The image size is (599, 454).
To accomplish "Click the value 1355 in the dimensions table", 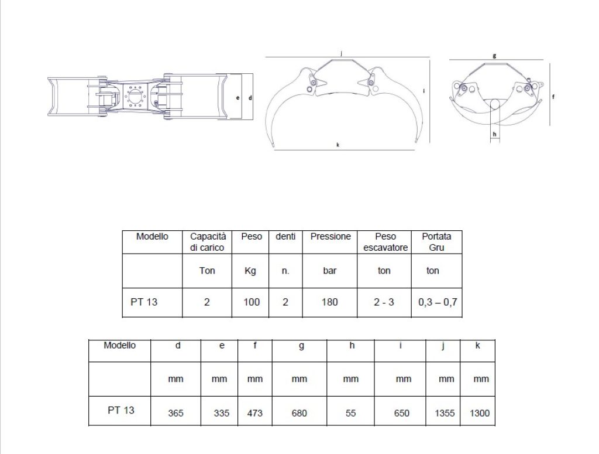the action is pos(445,413).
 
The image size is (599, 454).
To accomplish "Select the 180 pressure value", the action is pos(330,302).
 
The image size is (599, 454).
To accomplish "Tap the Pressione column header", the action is pos(331,236).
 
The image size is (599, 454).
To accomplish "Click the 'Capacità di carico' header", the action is pos(208,242).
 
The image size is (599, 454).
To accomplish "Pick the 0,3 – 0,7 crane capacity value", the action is pos(438,302).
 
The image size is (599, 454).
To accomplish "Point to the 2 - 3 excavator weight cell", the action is pos(384,302).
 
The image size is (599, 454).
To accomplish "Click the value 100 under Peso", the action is pos(252,302).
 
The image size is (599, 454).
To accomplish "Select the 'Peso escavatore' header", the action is pos(385,242).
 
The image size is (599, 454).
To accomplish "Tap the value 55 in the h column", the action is pos(351,413).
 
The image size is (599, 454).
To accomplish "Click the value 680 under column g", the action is pos(299,413).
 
